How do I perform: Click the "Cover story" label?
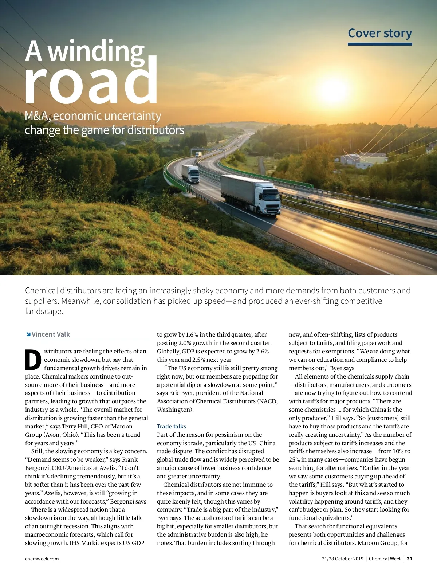pos(379,33)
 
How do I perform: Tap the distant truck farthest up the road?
pos(198,154)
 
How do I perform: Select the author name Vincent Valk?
pos(51,334)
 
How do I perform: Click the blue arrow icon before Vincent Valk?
pos(28,334)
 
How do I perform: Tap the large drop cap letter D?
pos(33,360)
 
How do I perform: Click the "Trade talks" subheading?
pos(172,426)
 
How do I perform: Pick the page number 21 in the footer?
pos(410,559)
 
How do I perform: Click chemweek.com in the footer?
pos(42,559)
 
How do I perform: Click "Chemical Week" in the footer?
pos(385,559)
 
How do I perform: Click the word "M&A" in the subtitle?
pos(38,116)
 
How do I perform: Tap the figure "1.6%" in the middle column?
pos(192,334)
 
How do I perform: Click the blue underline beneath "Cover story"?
pos(379,44)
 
